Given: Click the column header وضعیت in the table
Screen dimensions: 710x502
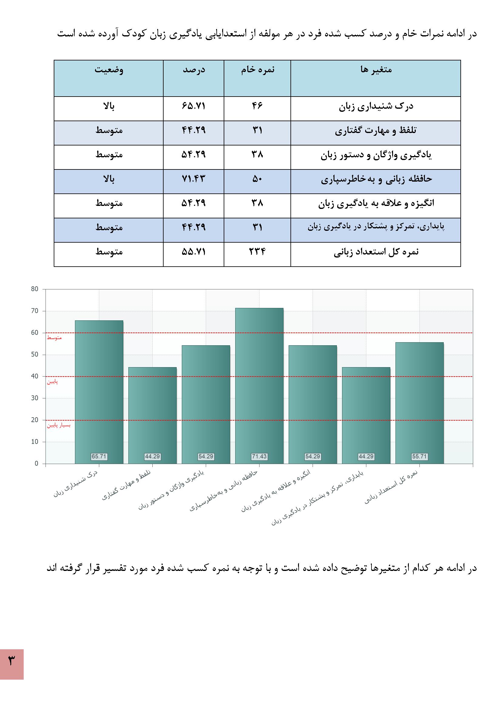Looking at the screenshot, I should point(109,70).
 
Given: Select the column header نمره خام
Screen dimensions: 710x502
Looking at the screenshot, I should point(257,70).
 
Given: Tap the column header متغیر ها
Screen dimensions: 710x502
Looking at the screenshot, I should point(376,70).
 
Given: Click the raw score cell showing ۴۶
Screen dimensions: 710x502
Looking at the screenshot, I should point(257,106).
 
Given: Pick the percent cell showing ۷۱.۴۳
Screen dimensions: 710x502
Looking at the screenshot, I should point(194,179).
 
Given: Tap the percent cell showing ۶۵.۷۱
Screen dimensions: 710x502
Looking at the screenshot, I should point(194,106).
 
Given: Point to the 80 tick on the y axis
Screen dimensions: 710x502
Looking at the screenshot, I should point(35,289).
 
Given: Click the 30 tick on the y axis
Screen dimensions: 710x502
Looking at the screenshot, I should point(35,398).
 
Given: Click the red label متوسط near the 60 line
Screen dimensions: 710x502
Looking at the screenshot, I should point(54,338).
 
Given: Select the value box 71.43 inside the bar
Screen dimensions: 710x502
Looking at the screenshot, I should point(259,456).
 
